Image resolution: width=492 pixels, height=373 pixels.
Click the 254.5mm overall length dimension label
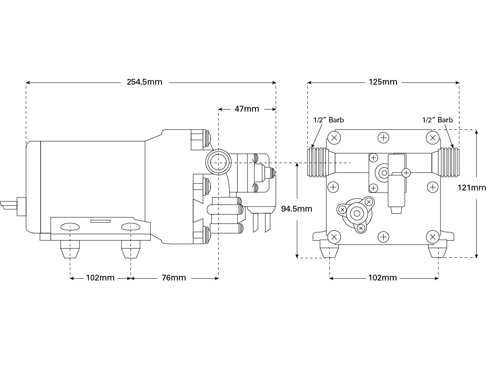(144, 82)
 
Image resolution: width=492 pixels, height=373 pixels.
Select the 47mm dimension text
(247, 109)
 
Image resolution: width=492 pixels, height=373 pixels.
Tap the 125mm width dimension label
(383, 82)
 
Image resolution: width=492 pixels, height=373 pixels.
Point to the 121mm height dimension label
(472, 188)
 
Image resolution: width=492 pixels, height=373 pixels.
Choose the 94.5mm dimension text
(296, 209)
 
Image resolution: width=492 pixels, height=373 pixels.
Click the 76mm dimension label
(174, 278)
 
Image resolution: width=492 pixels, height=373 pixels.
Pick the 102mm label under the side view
(100, 278)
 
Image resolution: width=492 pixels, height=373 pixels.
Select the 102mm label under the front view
(383, 278)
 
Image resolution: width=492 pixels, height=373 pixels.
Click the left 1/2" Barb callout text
(328, 120)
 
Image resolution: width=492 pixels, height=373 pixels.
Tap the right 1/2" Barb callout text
(437, 120)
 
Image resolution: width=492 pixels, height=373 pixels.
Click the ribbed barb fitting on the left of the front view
(318, 162)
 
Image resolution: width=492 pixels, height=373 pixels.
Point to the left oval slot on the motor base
(70, 227)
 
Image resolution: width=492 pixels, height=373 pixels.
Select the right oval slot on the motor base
(130, 227)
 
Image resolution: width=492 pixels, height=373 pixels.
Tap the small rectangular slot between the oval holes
(100, 222)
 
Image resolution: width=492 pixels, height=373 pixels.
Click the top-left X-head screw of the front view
(334, 137)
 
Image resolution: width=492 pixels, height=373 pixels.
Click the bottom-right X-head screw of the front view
(433, 237)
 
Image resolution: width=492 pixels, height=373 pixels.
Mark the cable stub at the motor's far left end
(8, 205)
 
